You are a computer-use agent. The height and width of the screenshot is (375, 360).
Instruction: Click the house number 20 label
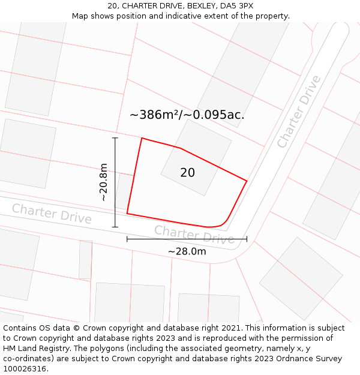187,173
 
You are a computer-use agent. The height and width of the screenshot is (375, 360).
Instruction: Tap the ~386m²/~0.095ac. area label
187,115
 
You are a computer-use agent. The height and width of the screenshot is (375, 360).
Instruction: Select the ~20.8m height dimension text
103,182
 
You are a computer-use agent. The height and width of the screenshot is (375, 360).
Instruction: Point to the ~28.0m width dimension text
187,251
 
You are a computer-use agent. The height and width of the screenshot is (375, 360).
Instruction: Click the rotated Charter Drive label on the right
299,112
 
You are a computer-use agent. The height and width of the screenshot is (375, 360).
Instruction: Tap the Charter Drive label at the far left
52,214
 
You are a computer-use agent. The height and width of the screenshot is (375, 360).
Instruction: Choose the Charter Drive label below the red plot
194,235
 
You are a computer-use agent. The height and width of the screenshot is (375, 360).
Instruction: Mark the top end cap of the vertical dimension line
115,138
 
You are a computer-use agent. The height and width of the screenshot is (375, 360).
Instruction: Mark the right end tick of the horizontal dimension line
247,239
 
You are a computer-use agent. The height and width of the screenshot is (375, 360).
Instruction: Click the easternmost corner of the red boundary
247,180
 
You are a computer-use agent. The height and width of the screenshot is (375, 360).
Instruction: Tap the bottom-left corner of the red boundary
127,213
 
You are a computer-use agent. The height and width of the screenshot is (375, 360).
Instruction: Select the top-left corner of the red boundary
142,138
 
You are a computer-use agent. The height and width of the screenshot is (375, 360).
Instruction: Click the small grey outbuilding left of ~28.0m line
85,260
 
